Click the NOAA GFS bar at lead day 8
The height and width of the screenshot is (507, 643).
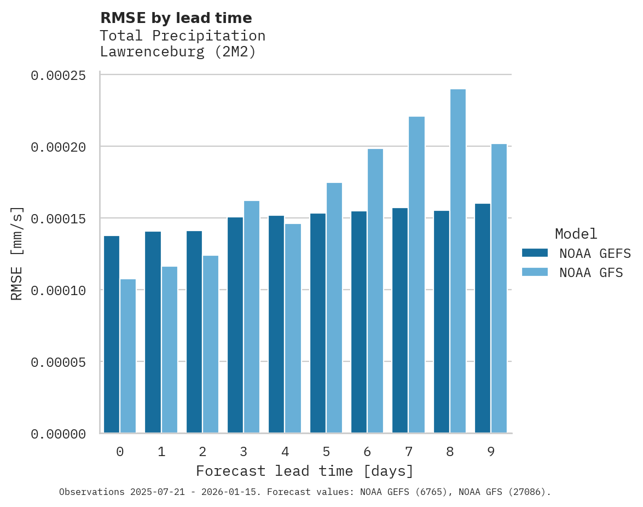(457, 261)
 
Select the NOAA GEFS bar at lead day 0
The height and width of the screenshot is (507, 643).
(112, 335)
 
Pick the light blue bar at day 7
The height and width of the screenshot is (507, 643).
(416, 275)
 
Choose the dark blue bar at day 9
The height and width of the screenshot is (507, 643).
(483, 318)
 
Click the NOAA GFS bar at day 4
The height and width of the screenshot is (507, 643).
(293, 329)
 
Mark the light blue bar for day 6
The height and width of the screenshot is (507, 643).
(375, 291)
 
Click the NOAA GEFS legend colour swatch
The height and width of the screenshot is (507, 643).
(535, 252)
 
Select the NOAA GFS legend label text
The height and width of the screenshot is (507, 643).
(591, 272)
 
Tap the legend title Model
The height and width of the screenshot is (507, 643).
(576, 234)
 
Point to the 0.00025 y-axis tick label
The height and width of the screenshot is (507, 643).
(58, 76)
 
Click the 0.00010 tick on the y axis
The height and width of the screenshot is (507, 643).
(58, 290)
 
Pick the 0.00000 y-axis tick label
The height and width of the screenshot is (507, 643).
(58, 434)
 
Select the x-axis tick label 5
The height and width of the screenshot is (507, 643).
(326, 452)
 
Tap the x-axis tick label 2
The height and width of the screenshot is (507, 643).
(202, 452)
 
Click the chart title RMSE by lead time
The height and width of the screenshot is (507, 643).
(176, 18)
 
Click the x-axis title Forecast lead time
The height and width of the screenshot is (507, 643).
(304, 471)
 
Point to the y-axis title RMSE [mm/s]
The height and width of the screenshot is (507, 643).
(18, 253)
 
